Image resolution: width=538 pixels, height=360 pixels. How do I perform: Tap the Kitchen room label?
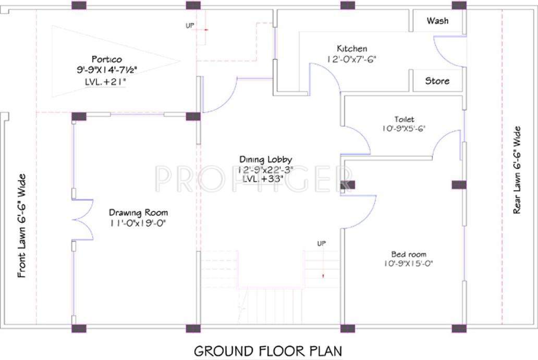351,48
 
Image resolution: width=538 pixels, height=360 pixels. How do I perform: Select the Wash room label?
437,21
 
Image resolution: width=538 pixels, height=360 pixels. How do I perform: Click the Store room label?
437,81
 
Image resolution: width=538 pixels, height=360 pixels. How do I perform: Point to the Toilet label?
404,119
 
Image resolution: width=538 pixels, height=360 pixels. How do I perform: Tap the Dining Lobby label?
265,159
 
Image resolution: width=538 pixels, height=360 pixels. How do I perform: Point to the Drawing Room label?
138,213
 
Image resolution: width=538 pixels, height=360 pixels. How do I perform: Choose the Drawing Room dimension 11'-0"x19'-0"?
138,222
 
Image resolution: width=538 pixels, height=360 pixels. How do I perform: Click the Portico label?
106,59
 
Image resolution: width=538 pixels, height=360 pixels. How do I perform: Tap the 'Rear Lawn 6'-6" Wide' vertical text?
517,169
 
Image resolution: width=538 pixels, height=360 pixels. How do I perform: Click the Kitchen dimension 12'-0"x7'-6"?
351,59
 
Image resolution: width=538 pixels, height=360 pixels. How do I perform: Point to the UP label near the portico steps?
190,25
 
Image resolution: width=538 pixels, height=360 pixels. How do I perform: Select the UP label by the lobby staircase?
322,243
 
